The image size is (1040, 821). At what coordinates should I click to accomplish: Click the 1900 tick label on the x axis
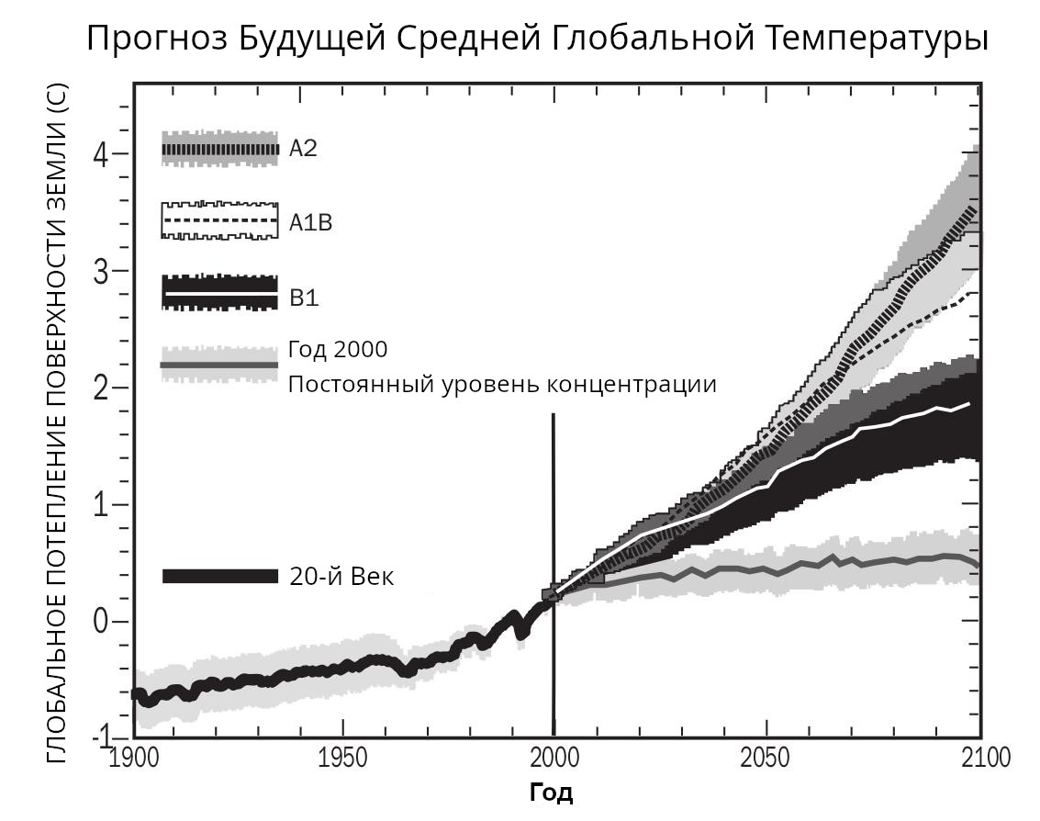(x=134, y=759)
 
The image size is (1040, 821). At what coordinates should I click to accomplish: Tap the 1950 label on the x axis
(x=342, y=759)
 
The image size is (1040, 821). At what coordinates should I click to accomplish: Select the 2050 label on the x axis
(x=765, y=759)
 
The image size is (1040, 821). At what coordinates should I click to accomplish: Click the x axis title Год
(x=552, y=793)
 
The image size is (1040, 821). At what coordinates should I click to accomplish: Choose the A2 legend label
(x=303, y=149)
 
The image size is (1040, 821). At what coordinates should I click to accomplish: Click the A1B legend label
(x=310, y=222)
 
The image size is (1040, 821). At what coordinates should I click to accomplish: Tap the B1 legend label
(x=304, y=298)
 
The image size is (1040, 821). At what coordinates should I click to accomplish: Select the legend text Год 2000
(x=338, y=350)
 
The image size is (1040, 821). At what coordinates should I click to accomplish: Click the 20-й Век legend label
(x=341, y=577)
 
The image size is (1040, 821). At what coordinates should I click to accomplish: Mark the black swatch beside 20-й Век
(x=220, y=576)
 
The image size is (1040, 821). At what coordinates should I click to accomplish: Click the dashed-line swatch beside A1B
(x=219, y=221)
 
